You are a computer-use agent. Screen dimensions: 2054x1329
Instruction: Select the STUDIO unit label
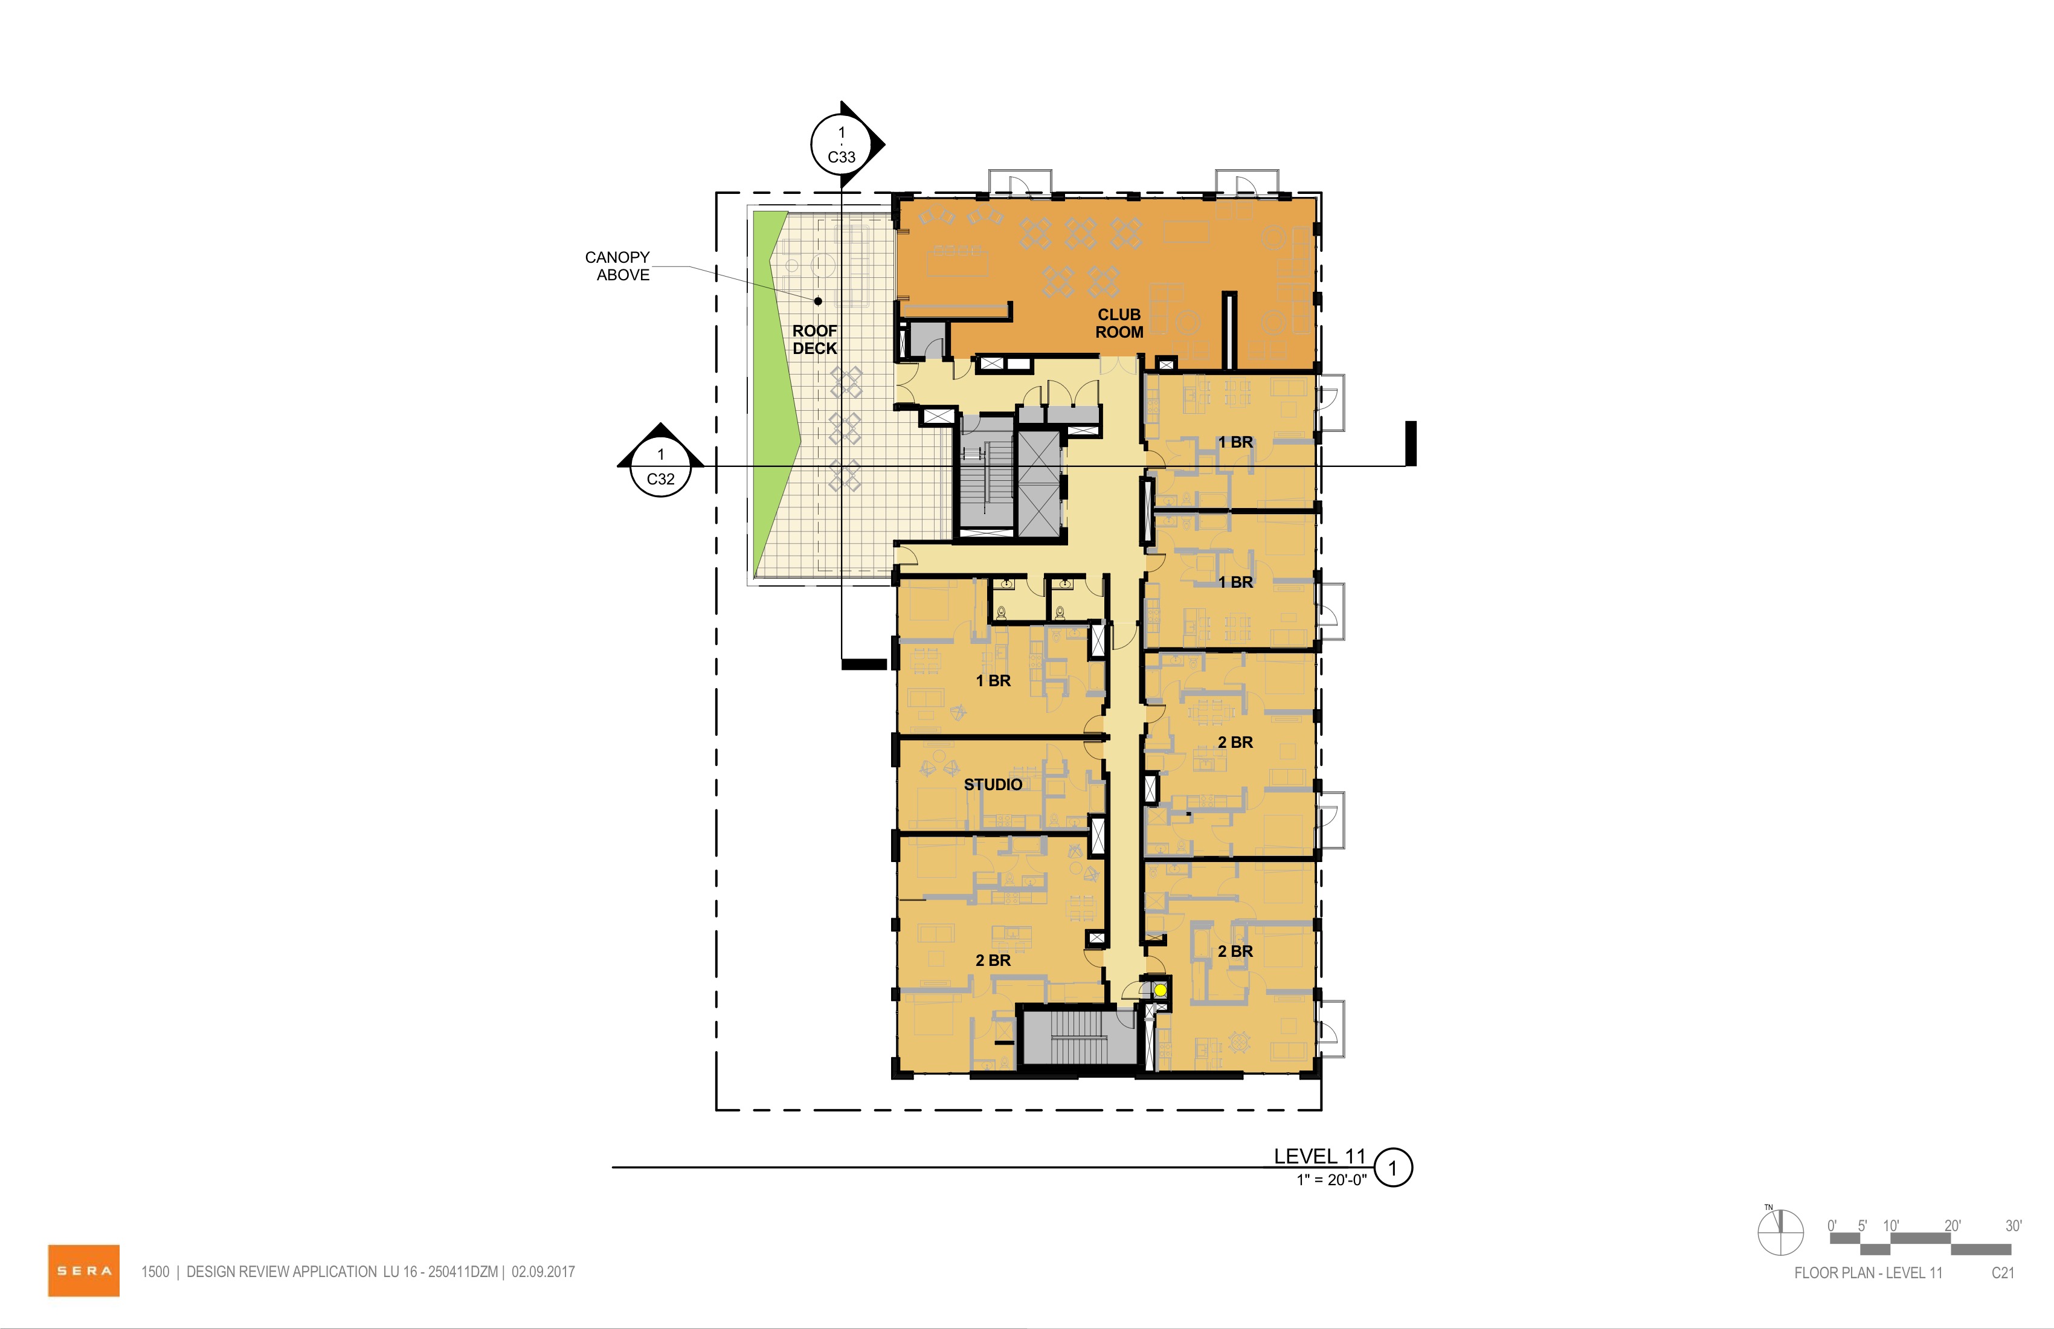(993, 785)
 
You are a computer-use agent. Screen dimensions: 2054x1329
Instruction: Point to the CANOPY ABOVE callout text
(618, 266)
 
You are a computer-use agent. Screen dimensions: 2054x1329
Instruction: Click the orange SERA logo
(84, 1270)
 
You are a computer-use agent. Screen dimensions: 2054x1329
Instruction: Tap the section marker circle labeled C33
(842, 145)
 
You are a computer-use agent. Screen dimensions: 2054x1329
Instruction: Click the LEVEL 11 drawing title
(1319, 1156)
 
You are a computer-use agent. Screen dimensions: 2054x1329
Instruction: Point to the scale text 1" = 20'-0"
(1331, 1180)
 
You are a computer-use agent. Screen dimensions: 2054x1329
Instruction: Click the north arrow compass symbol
(1780, 1232)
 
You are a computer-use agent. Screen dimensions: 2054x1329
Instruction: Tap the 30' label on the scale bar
(2014, 1226)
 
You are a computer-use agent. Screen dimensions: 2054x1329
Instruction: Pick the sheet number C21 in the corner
(2003, 1273)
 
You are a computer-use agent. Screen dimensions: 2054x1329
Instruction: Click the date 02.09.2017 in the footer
(543, 1271)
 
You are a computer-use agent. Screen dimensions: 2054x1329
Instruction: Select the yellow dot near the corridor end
(1161, 991)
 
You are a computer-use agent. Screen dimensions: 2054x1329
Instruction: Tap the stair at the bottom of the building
(1077, 1038)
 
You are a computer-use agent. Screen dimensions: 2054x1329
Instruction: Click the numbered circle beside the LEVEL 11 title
(1392, 1168)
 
